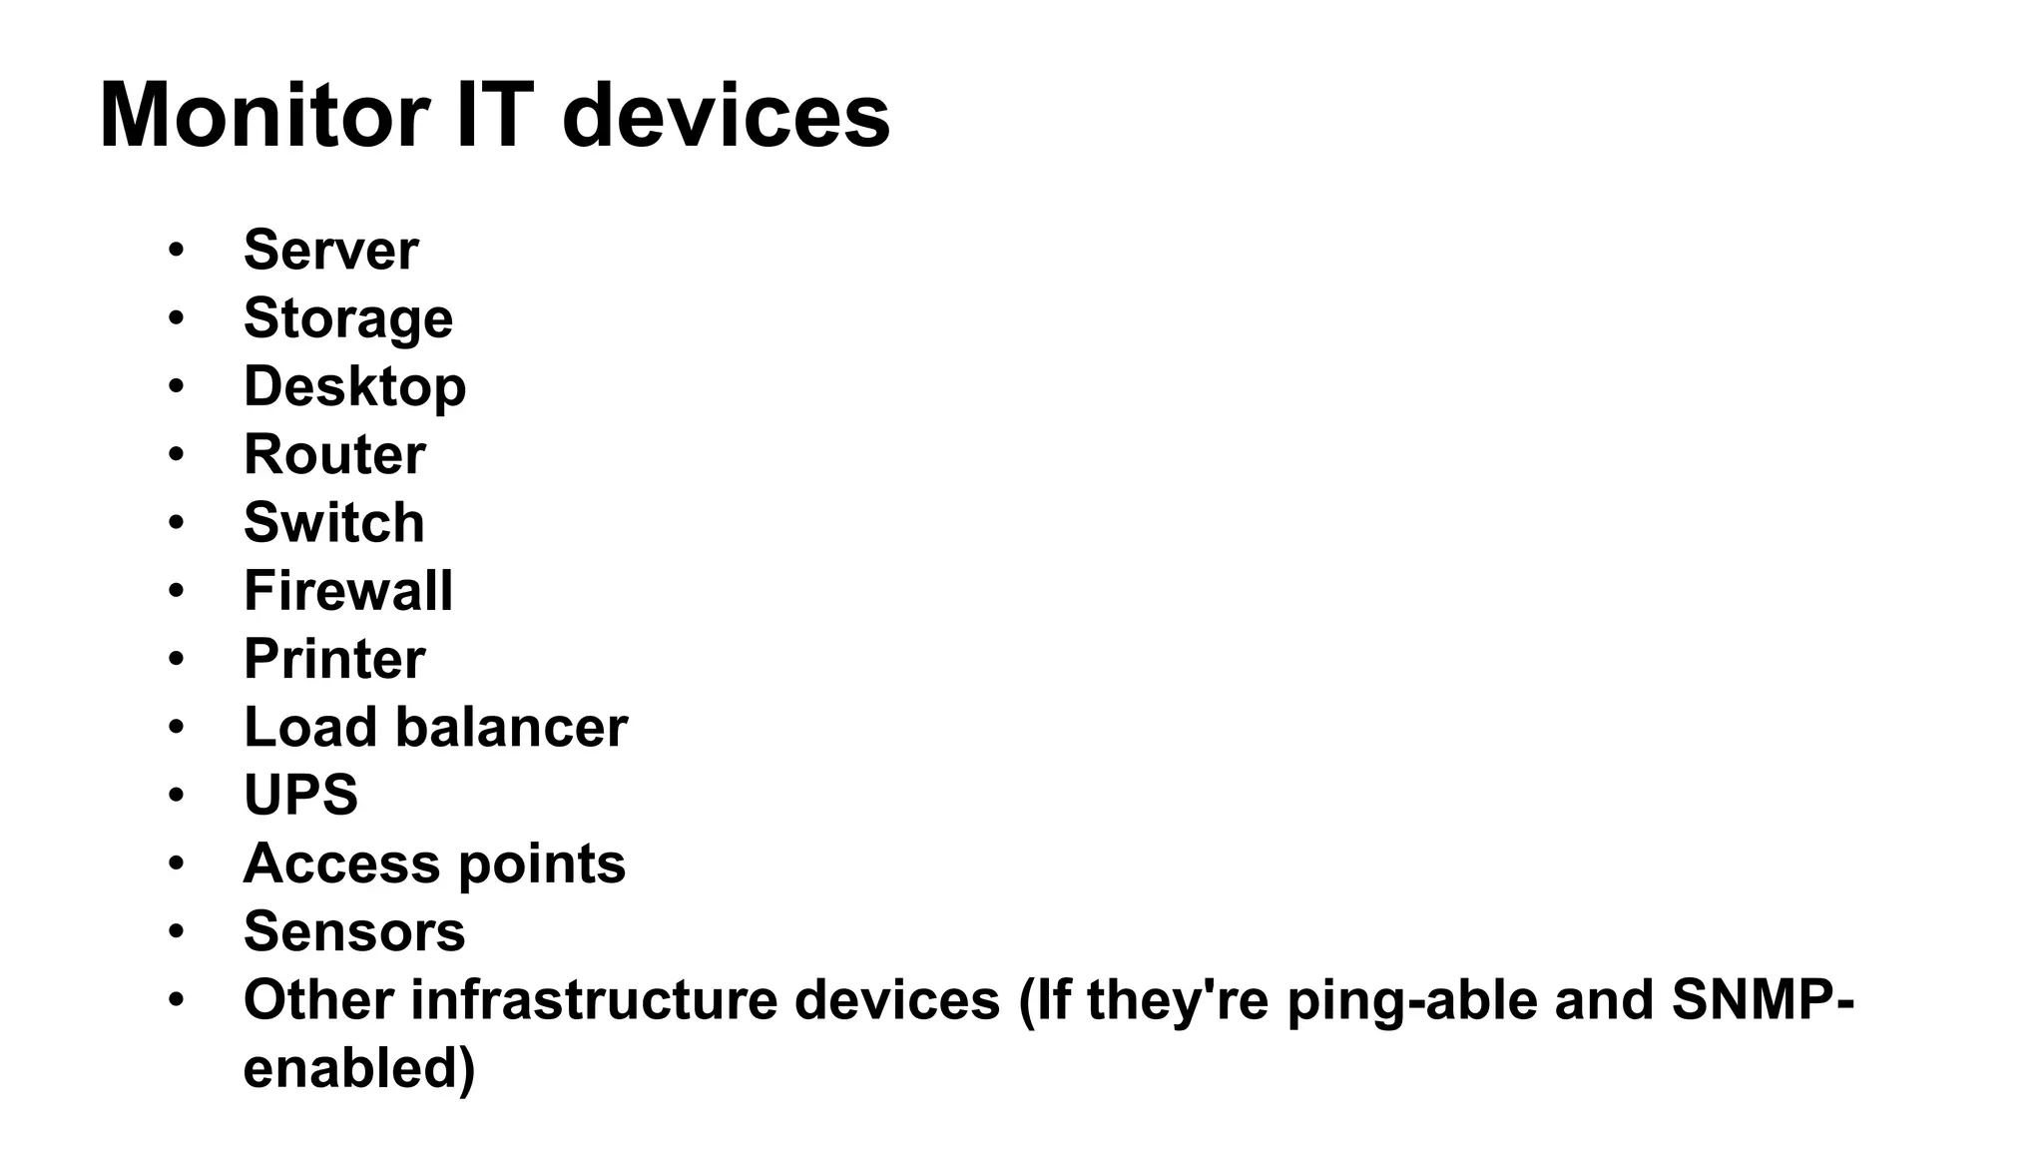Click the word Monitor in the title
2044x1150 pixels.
[x=264, y=117]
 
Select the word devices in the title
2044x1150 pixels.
[x=726, y=117]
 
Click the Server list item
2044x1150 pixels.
[x=330, y=250]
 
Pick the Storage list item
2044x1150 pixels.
[x=348, y=318]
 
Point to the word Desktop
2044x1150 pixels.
[x=354, y=386]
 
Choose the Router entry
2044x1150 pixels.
[x=334, y=454]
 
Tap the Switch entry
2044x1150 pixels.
[x=334, y=522]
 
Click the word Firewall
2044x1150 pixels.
[x=348, y=590]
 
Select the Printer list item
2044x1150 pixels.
[x=334, y=659]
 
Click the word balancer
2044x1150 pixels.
[x=512, y=727]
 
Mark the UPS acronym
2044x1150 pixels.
[x=300, y=795]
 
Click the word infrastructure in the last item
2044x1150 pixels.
[x=594, y=999]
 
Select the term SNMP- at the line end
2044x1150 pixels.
[x=1763, y=999]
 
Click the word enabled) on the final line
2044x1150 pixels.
[x=359, y=1067]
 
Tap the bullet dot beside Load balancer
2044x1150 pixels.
[x=177, y=727]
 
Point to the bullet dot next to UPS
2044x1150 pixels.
[x=177, y=795]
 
